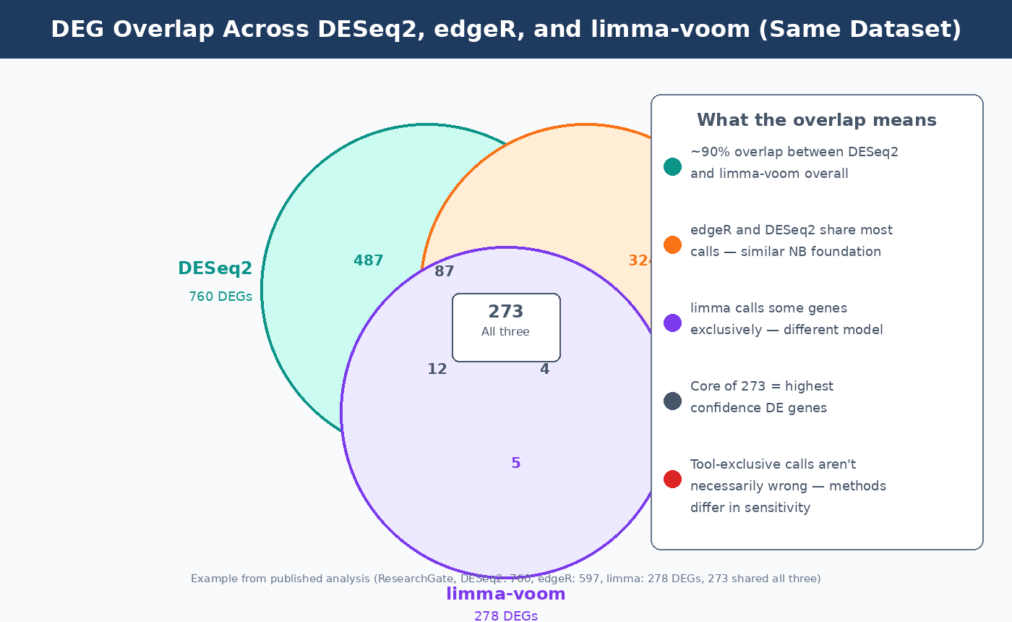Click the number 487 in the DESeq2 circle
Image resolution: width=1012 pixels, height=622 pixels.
(368, 261)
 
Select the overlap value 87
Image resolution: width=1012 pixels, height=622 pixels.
(444, 272)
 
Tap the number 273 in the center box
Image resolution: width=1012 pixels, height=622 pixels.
(505, 312)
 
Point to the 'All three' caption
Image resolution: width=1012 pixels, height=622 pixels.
(505, 332)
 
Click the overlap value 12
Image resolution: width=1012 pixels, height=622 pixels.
(437, 370)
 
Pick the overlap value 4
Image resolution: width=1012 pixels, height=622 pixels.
(544, 370)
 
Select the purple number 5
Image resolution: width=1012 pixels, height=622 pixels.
(515, 464)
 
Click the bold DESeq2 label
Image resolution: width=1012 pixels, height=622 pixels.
(215, 268)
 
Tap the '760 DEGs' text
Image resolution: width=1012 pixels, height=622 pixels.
(220, 297)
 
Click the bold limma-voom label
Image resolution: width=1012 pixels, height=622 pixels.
(505, 595)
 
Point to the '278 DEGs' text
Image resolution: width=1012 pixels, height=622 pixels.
(505, 615)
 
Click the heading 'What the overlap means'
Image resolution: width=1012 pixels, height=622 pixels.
(816, 120)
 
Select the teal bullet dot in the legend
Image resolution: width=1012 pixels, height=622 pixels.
(672, 166)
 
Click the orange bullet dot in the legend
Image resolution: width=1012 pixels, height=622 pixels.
(672, 244)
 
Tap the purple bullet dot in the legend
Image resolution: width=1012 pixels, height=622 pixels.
(672, 323)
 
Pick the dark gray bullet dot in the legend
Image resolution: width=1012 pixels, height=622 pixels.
(672, 401)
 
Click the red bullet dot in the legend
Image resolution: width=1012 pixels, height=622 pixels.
(672, 479)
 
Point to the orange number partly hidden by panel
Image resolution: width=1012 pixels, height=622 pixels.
(640, 261)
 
